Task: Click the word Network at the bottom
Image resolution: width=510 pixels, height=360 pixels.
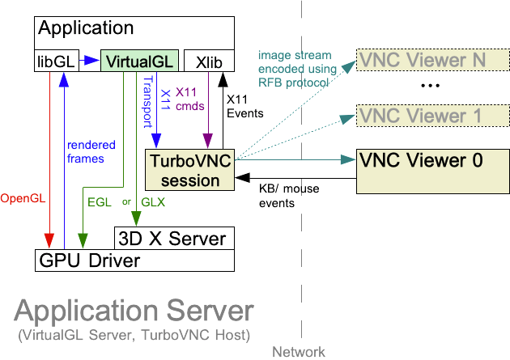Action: pyautogui.click(x=298, y=352)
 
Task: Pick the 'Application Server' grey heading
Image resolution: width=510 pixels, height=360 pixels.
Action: pyautogui.click(x=134, y=312)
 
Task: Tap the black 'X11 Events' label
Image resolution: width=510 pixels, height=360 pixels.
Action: pyautogui.click(x=244, y=105)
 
